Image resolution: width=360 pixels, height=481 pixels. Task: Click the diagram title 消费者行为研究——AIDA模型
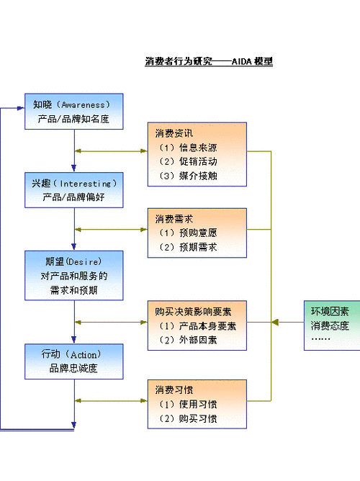(209, 62)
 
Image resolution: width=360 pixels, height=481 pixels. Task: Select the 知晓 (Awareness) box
(73, 111)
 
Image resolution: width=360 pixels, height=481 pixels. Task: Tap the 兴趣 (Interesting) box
(73, 190)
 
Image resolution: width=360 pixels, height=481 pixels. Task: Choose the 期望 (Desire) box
(73, 275)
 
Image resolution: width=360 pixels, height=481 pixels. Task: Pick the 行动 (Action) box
(73, 361)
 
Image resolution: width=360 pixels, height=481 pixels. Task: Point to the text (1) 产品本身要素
(197, 326)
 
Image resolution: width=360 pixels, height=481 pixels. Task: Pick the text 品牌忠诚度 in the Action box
(73, 369)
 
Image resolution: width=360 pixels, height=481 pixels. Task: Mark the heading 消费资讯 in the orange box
(174, 133)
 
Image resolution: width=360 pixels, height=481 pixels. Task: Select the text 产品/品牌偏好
(73, 197)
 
